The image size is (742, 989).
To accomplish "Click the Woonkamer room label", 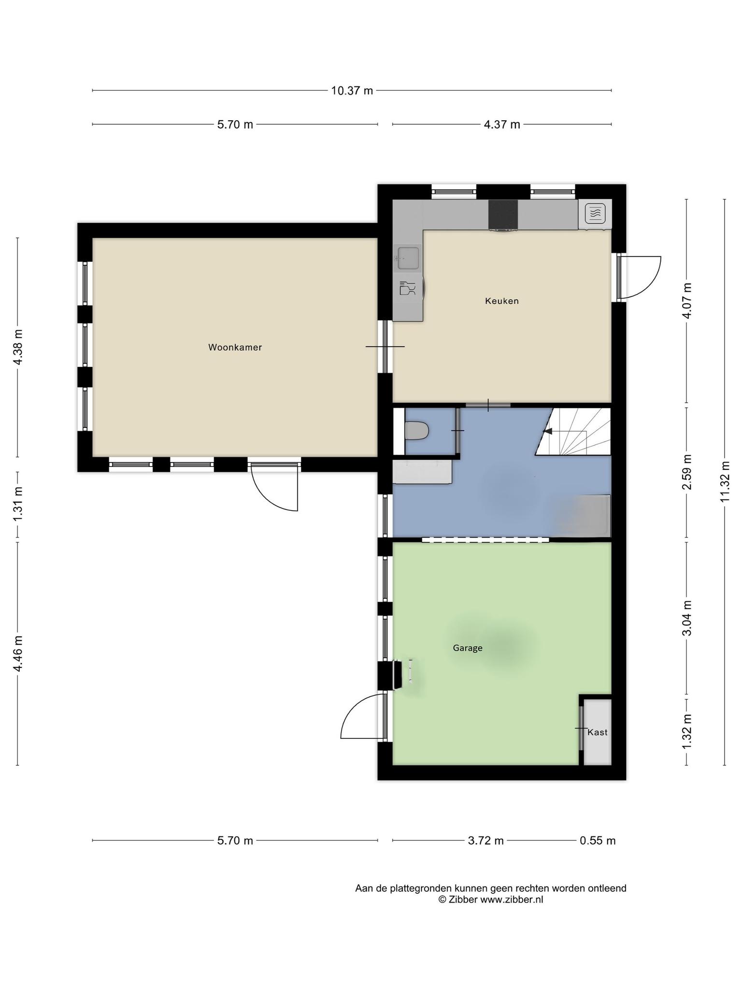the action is tap(235, 347).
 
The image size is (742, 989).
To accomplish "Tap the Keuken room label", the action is tap(502, 301).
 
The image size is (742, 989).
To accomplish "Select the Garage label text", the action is tap(468, 648).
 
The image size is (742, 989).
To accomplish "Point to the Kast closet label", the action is tap(598, 732).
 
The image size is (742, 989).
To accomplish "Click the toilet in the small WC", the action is tap(417, 431).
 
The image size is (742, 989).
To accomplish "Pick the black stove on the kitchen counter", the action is tap(503, 215).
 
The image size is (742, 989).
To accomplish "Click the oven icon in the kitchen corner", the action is tap(595, 213).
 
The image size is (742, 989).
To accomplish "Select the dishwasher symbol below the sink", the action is tap(407, 288).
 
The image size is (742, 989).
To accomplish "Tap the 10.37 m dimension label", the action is tap(352, 91).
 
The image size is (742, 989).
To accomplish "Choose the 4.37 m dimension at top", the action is tap(502, 125).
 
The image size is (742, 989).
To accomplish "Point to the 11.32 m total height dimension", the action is tap(724, 481).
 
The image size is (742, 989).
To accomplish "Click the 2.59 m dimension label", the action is tap(686, 472).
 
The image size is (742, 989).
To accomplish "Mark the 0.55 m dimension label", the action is tap(598, 841).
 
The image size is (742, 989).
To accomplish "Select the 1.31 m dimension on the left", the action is tap(18, 504).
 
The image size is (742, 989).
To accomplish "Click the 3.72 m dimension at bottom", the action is tap(485, 841).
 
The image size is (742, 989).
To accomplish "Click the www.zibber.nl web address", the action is tap(512, 900).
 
